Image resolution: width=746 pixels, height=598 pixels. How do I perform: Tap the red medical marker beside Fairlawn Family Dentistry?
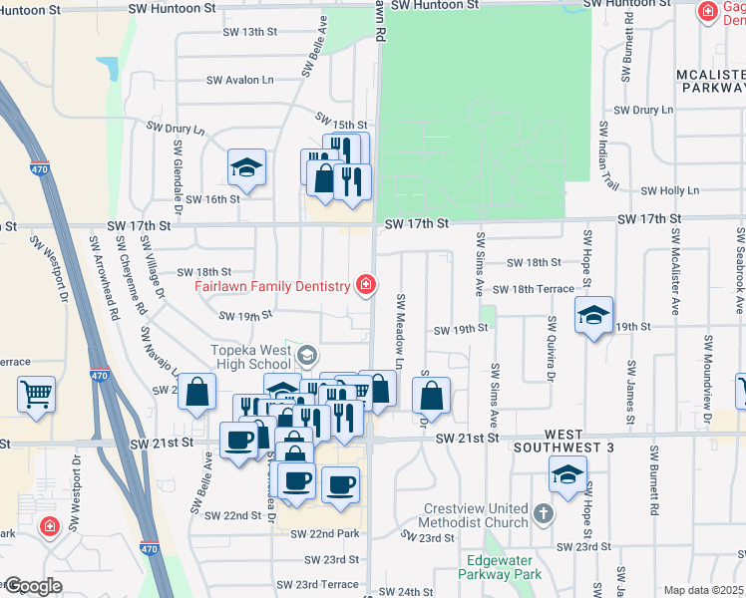366,286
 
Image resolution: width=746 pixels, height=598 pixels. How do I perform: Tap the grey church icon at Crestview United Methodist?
543,514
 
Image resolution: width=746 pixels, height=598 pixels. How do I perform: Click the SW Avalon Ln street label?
239,80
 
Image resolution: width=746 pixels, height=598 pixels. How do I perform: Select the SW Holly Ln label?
670,190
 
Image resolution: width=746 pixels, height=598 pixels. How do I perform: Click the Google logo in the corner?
32,586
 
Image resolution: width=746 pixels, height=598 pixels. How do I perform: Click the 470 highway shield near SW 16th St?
39,169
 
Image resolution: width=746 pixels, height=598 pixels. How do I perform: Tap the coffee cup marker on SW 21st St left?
239,440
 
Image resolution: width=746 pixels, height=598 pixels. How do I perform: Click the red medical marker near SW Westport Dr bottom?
47,526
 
